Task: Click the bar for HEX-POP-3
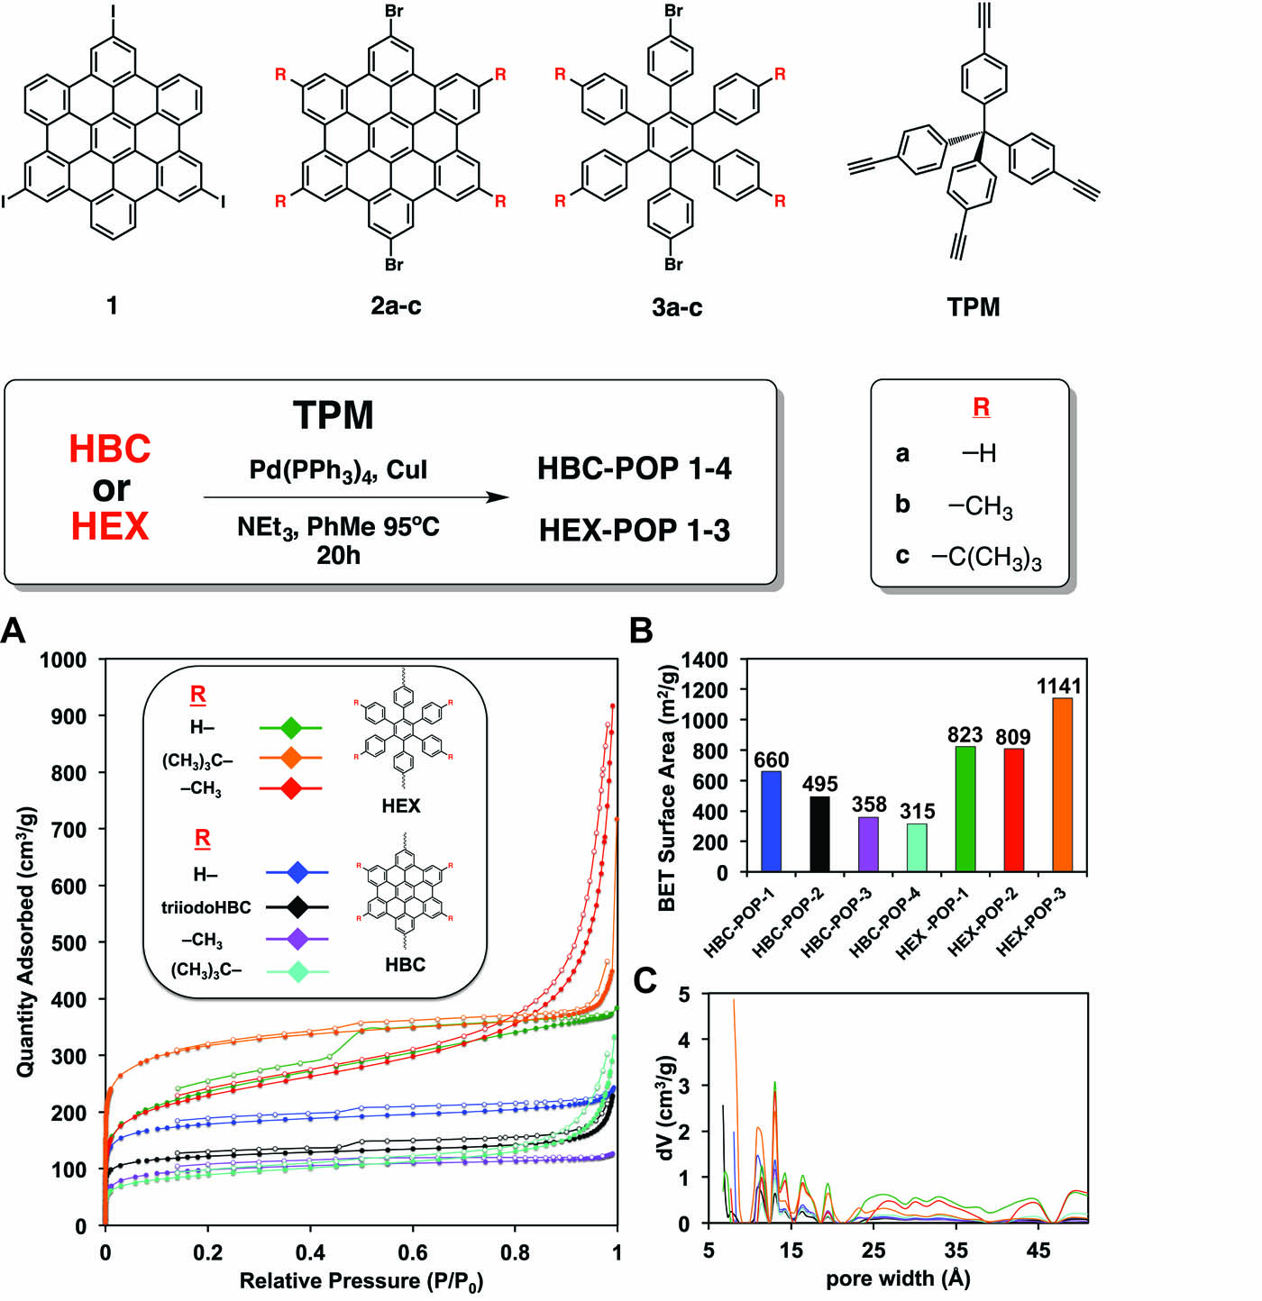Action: pos(1062,785)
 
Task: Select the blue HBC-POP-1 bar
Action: pos(772,821)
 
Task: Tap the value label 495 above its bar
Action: pos(820,784)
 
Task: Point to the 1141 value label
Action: pos(1058,687)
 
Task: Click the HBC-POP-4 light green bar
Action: pos(917,847)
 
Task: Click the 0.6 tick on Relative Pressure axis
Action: pos(413,1252)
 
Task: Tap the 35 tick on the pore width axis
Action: pos(956,1250)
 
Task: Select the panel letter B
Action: pos(641,631)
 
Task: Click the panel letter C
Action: pos(645,980)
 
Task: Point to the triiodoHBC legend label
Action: pos(206,907)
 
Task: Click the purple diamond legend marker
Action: pos(297,939)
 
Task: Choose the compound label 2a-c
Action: pos(396,306)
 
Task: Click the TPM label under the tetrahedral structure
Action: pos(974,307)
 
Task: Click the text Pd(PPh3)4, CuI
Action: pos(338,469)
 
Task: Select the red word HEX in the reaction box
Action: pos(110,526)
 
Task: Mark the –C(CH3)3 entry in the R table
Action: pos(986,558)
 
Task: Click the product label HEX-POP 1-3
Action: pos(635,530)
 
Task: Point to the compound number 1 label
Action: pos(112,306)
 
